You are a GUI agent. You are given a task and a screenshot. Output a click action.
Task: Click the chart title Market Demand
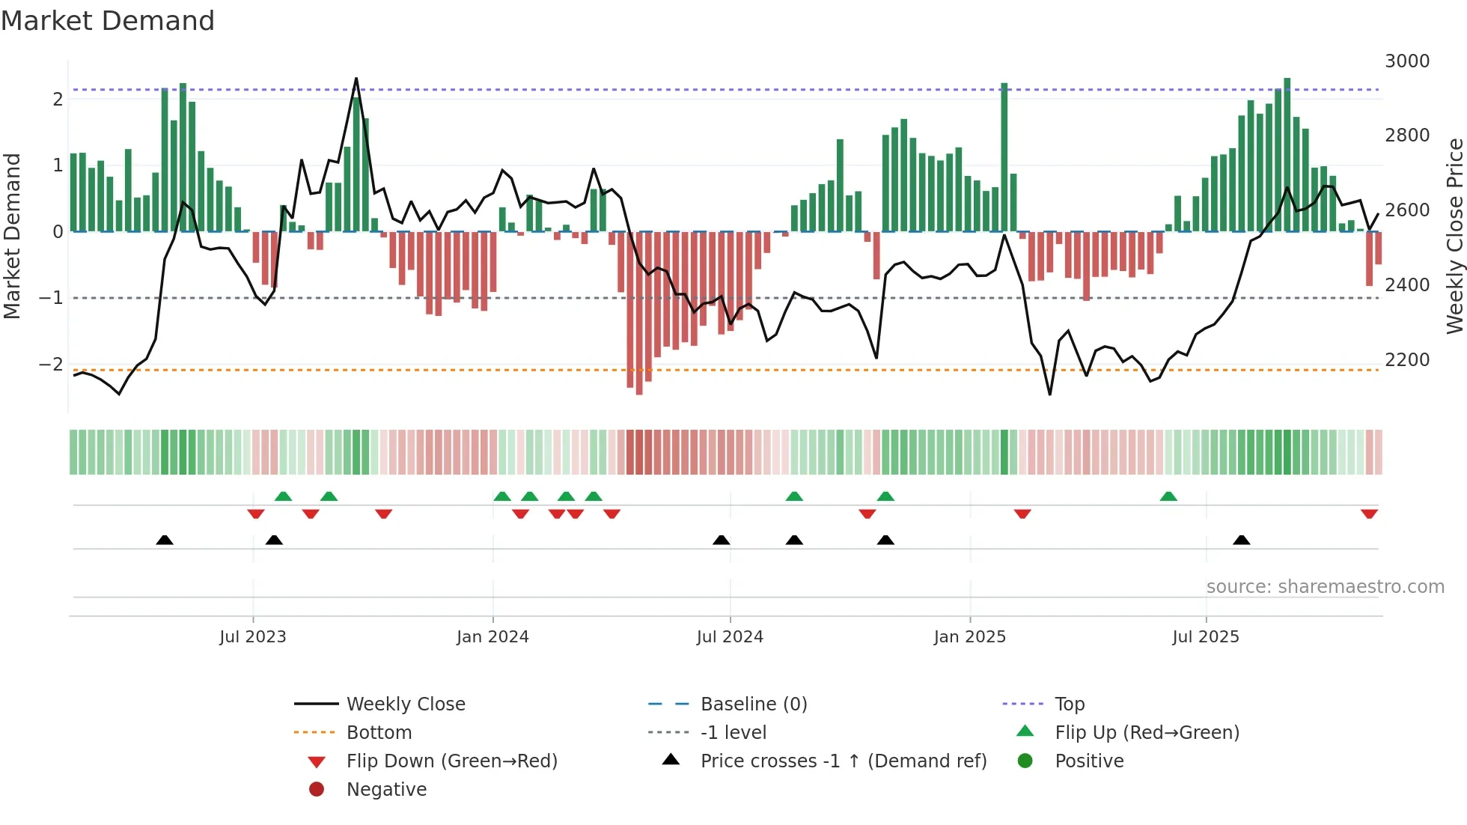(108, 21)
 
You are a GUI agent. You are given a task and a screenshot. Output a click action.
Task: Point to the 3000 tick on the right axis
(1406, 61)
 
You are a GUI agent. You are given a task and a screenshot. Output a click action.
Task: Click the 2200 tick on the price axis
(1406, 360)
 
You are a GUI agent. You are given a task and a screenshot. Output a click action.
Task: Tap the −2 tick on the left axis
(51, 365)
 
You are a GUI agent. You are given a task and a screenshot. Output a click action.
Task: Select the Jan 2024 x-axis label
(492, 637)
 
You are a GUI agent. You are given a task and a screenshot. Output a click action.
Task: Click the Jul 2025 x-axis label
(1205, 637)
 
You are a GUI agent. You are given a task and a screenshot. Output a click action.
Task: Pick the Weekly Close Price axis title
(1454, 236)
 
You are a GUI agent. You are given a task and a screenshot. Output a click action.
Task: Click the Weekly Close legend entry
(405, 704)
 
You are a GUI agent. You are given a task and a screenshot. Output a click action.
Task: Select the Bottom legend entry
(379, 733)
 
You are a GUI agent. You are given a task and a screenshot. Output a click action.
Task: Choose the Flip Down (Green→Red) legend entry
(451, 761)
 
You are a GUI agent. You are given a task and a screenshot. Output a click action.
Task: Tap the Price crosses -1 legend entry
(843, 761)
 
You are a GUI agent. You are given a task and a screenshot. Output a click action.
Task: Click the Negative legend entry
(386, 790)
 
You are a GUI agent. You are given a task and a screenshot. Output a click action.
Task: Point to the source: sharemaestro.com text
(1325, 587)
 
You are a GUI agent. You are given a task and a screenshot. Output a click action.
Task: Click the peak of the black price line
(356, 79)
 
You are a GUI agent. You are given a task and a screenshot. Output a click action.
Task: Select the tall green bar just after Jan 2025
(1004, 157)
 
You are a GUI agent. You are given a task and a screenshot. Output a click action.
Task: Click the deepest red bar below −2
(639, 314)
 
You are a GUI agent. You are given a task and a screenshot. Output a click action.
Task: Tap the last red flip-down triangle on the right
(1369, 514)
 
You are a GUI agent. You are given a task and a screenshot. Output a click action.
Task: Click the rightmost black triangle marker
(1241, 540)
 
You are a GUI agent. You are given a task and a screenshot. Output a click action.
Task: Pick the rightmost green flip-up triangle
(1168, 496)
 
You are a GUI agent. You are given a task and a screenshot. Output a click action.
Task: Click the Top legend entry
(1069, 704)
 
